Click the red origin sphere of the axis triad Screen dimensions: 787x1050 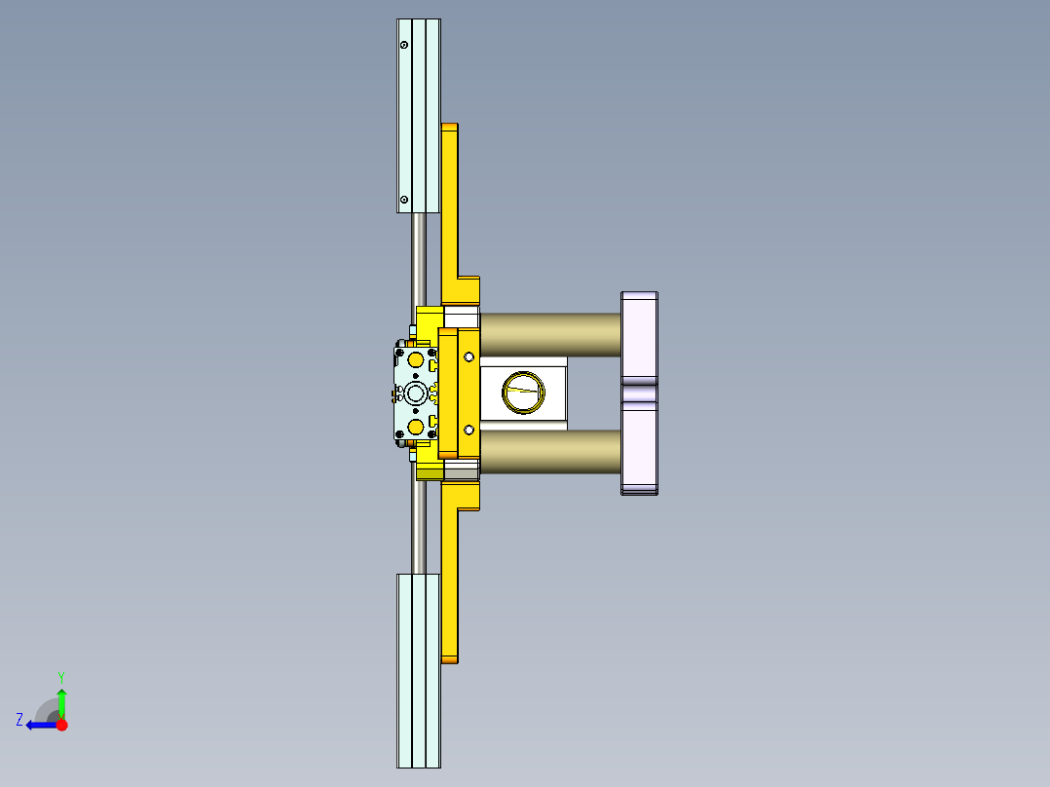click(x=61, y=725)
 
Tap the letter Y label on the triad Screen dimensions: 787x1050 click(x=60, y=676)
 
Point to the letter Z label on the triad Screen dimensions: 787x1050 click(x=19, y=719)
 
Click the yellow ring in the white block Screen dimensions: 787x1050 click(x=523, y=393)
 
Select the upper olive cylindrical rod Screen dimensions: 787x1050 click(x=550, y=334)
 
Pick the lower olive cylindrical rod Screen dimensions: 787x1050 click(x=550, y=453)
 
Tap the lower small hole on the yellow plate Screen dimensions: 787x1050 click(x=469, y=430)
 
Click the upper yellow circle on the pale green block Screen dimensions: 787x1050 click(x=416, y=360)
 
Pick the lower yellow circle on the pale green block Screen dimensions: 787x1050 click(x=416, y=427)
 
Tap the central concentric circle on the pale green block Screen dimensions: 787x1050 click(x=416, y=393)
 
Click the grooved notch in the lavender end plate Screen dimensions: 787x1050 click(x=639, y=393)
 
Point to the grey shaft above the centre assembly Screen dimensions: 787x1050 click(x=419, y=258)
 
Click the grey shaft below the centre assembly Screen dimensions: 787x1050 click(x=419, y=526)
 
